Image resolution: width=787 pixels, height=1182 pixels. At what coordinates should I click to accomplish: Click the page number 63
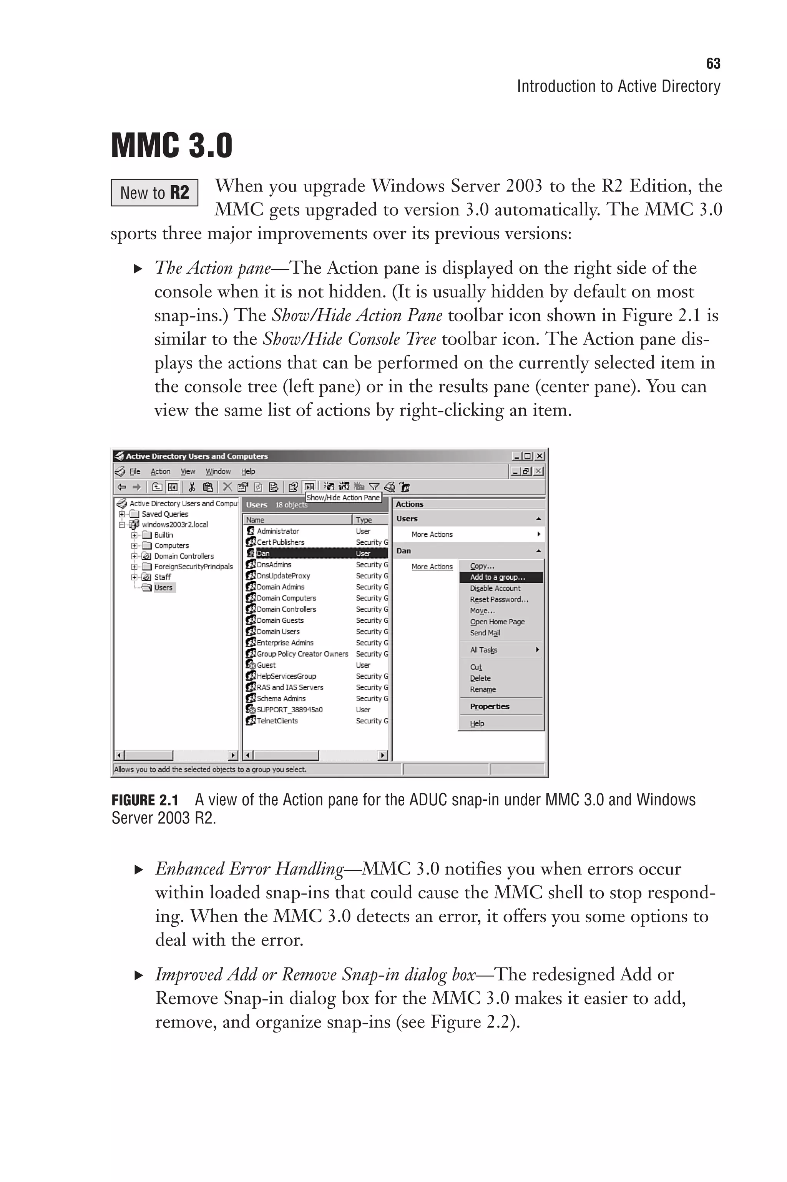point(713,64)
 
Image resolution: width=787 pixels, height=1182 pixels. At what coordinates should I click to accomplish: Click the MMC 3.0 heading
point(172,146)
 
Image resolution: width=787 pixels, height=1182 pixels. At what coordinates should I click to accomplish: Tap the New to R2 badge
point(154,193)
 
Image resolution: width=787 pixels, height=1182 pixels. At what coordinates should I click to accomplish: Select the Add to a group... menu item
point(497,577)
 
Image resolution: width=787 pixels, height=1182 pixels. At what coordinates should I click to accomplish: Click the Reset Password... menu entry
point(499,599)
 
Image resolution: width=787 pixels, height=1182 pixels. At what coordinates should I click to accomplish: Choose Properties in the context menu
point(489,706)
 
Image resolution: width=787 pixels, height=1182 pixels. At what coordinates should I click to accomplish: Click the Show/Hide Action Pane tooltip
point(343,497)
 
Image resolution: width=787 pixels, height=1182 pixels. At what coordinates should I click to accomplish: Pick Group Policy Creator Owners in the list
point(302,653)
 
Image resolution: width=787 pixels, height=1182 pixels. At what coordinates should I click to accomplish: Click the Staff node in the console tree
point(162,577)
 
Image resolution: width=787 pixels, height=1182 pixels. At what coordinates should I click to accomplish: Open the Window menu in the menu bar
point(218,471)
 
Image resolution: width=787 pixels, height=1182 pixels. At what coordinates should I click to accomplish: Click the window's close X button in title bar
point(540,456)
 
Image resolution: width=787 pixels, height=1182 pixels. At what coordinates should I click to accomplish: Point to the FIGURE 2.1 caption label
point(144,800)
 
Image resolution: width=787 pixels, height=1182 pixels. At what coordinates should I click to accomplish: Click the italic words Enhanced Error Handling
point(249,869)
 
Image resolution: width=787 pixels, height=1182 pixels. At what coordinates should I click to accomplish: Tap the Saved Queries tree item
point(164,514)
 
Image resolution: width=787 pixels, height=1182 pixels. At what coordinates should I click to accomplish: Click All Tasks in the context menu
point(483,650)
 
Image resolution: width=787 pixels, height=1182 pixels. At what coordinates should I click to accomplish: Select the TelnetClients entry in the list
point(277,721)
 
